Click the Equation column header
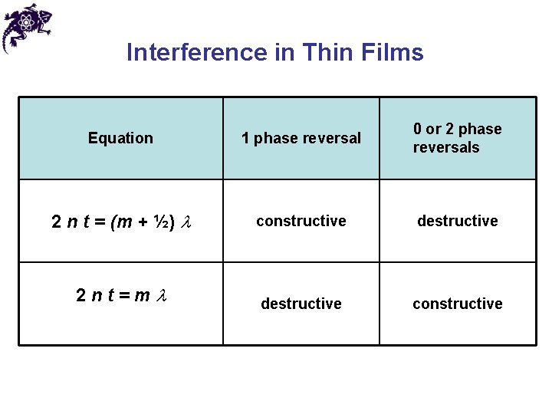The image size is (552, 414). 120,138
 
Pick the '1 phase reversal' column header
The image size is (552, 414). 301,138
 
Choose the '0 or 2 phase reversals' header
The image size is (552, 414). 457,138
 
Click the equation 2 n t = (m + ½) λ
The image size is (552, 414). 121,222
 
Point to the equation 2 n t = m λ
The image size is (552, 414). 121,295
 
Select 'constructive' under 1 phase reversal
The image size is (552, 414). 301,221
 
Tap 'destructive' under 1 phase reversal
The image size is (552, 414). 301,304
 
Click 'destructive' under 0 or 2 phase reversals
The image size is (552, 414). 458,221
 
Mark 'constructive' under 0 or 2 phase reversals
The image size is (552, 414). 458,304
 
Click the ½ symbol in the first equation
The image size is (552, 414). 164,222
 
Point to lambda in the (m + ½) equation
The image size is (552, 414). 185,223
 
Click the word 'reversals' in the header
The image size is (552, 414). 445,147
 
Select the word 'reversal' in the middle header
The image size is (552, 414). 332,138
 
